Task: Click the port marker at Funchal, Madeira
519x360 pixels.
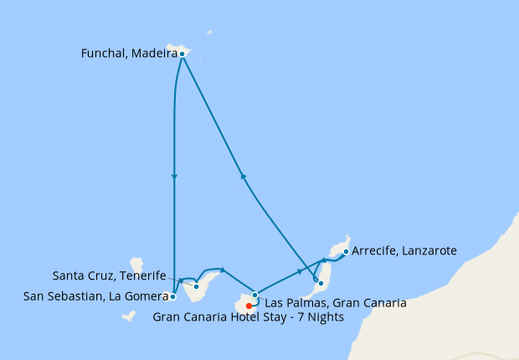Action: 182,54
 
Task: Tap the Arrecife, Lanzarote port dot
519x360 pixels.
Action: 346,250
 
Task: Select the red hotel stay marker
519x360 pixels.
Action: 249,305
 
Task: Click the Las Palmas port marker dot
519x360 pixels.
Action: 255,295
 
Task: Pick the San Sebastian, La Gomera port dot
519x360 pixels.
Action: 172,296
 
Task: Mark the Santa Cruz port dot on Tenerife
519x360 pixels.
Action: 196,286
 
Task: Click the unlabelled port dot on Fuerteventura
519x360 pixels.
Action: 321,283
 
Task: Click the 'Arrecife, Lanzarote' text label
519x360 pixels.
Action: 404,250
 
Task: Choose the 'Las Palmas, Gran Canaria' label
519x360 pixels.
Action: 334,302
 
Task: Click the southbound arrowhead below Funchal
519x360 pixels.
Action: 173,177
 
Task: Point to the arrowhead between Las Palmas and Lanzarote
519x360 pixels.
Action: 300,272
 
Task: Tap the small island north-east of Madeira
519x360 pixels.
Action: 209,33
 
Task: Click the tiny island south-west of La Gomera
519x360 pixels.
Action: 128,316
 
